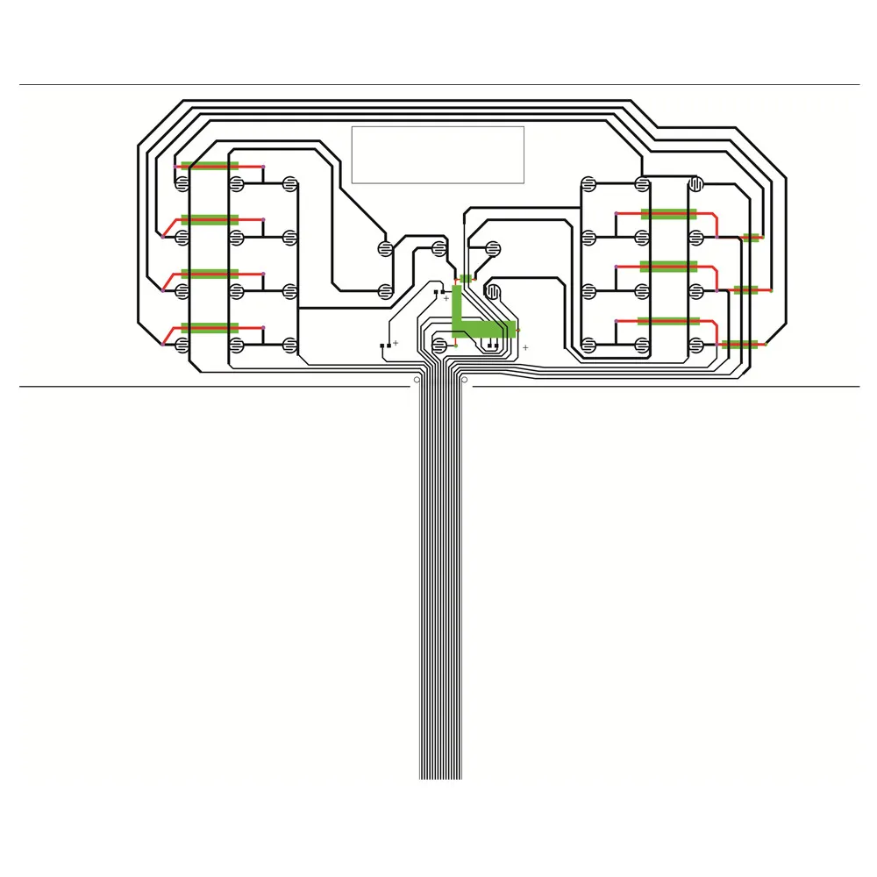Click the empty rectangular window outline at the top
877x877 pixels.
438,154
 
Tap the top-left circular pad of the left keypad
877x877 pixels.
182,184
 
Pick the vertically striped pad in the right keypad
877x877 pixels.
695,184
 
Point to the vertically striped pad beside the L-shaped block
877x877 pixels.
493,289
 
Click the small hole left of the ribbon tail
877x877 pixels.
416,380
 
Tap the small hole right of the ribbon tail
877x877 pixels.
464,380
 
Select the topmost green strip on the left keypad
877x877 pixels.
210,166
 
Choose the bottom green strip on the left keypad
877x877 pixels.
210,328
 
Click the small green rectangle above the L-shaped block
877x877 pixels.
466,279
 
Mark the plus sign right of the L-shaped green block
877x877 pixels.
525,348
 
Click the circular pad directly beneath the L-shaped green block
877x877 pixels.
440,346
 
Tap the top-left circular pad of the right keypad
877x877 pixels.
588,184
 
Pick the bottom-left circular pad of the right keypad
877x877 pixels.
588,345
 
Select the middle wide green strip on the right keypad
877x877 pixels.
668,266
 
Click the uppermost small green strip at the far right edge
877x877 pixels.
751,237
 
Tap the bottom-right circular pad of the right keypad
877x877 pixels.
695,345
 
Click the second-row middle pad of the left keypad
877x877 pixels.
236,237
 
